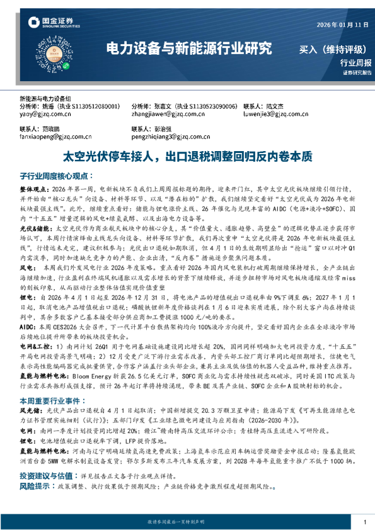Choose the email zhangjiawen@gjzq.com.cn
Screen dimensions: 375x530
point(165,115)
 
